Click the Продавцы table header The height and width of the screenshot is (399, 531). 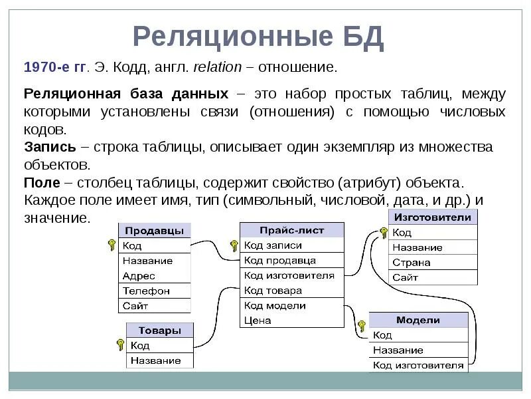tap(154, 230)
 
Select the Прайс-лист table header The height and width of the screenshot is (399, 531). tap(291, 230)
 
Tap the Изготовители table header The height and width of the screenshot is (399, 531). tap(433, 217)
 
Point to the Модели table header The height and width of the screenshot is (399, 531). tap(418, 320)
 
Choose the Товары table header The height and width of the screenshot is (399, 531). tap(160, 331)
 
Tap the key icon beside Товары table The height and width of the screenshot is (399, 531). tap(120, 344)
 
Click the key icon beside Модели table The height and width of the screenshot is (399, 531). tap(362, 326)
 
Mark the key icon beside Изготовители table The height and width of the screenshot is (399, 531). tap(383, 232)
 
